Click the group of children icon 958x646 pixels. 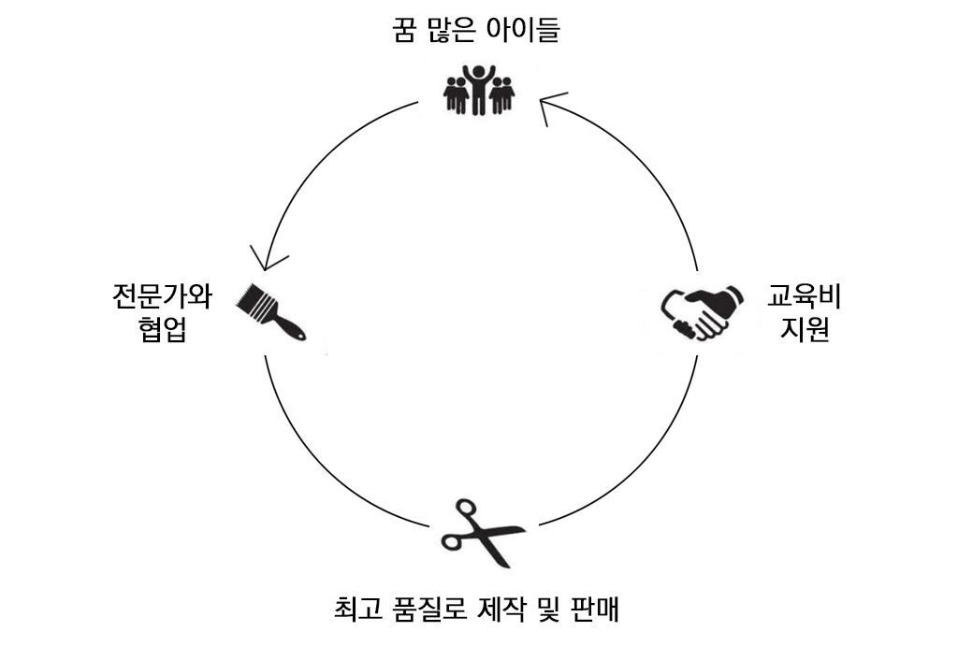coord(478,90)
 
